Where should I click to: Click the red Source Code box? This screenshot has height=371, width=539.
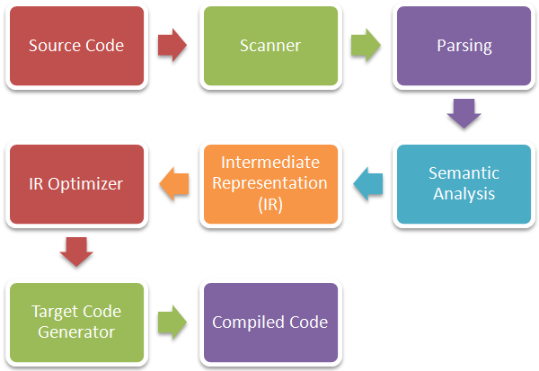tap(76, 46)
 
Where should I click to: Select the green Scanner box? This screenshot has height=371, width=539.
tap(271, 46)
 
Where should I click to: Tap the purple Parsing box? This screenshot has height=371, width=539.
tap(464, 46)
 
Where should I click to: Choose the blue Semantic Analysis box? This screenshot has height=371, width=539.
tap(464, 184)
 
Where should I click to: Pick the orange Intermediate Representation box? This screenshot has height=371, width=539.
tap(271, 184)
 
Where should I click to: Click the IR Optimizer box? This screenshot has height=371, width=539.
tap(76, 184)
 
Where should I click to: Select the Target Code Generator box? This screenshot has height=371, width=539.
tap(76, 322)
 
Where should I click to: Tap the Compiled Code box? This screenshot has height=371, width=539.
tap(271, 322)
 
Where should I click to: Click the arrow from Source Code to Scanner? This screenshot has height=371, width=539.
tap(172, 45)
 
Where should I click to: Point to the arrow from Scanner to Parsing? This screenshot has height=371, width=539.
tap(366, 45)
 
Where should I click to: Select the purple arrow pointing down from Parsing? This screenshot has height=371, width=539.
tap(464, 113)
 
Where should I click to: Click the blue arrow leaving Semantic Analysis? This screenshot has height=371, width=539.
tap(368, 183)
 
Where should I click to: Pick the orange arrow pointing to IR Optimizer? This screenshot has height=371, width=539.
tap(174, 183)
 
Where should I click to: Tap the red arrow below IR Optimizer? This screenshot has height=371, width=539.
tap(76, 252)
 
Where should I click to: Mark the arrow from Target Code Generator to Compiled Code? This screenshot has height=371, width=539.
tap(172, 322)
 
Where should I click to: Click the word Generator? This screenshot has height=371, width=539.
tap(76, 332)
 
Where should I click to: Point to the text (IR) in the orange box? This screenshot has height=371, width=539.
tap(270, 204)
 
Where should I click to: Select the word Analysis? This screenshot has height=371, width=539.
tap(464, 194)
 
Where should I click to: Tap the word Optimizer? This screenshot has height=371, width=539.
tap(85, 184)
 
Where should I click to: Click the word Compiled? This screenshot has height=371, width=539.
tap(249, 322)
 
